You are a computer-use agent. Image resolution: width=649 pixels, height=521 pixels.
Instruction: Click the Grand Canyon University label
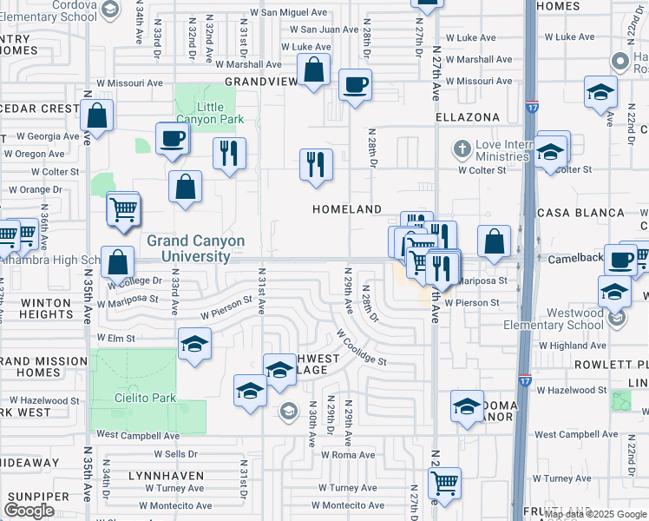click(x=195, y=248)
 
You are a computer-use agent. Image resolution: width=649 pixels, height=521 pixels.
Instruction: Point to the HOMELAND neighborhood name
click(x=347, y=210)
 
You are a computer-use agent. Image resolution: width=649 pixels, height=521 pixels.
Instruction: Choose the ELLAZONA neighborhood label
click(x=468, y=117)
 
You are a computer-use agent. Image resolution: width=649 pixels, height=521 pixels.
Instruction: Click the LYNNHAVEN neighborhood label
click(x=165, y=476)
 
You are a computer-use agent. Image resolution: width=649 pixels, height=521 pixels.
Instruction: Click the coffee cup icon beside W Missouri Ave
click(x=354, y=85)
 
